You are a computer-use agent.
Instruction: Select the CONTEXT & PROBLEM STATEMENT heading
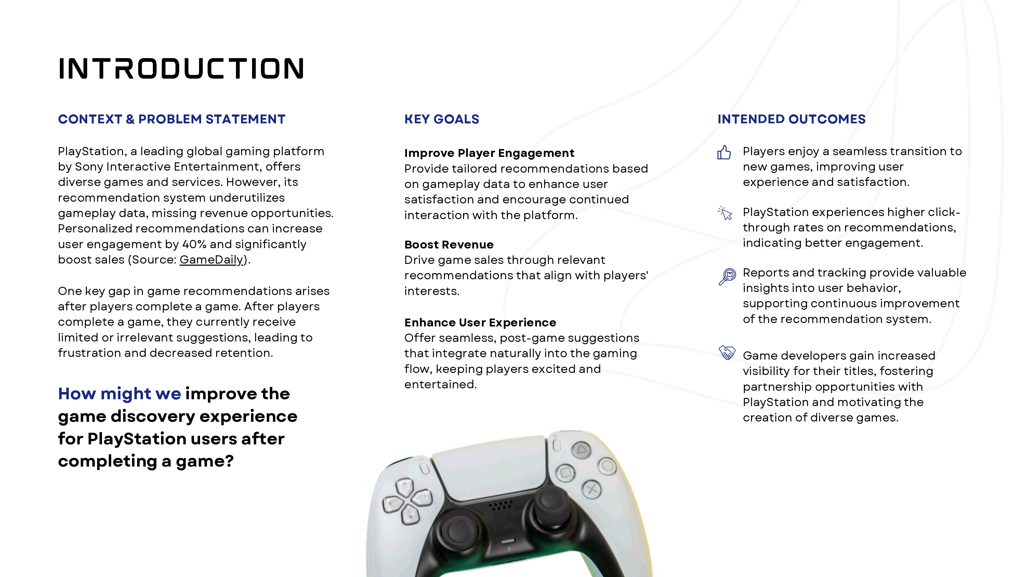[x=172, y=119]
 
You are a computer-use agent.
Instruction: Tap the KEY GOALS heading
[x=442, y=119]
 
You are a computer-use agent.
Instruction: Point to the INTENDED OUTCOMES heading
[x=791, y=119]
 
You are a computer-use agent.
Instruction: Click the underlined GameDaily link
[x=211, y=260]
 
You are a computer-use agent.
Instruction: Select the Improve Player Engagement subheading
[x=489, y=153]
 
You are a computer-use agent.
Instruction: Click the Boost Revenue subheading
[x=449, y=244]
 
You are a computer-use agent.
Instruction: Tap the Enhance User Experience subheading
[x=480, y=322]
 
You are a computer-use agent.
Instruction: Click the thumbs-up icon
[x=724, y=152]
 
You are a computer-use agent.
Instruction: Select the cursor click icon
[x=725, y=213]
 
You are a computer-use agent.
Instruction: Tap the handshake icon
[x=727, y=352]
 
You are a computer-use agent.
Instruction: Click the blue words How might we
[x=119, y=393]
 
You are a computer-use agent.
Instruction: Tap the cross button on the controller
[x=591, y=489]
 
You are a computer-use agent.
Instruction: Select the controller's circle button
[x=607, y=466]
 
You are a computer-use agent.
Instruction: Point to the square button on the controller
[x=566, y=473]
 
